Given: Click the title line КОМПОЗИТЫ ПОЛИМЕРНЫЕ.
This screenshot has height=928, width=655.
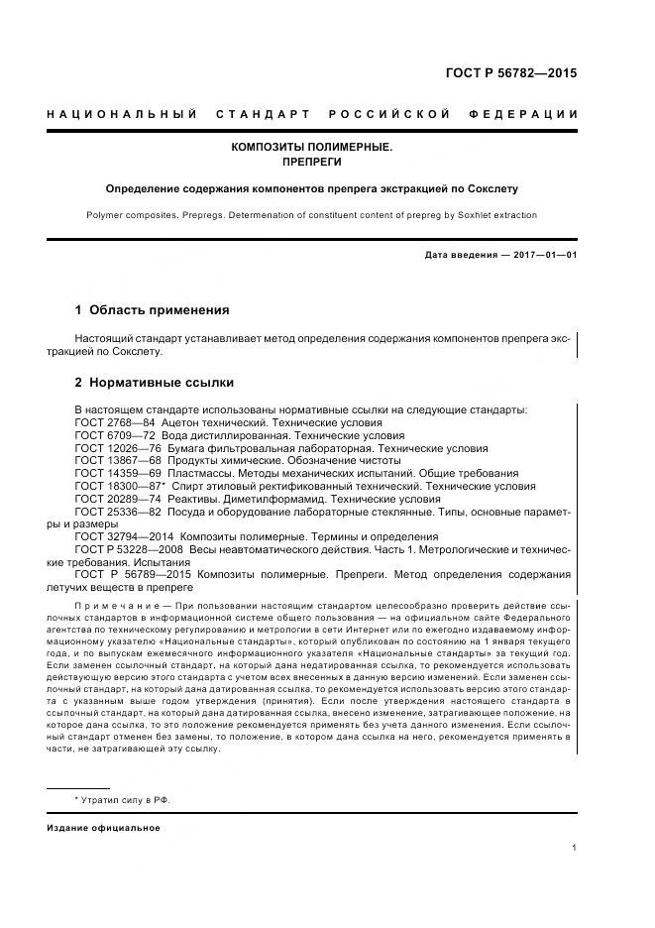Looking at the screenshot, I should pos(312,147).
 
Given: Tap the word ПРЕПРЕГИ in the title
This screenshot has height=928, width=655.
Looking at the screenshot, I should pos(312,162).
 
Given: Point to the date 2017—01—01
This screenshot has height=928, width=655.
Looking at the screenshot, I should pos(544,255).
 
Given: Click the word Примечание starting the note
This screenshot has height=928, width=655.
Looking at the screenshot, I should pos(116,604).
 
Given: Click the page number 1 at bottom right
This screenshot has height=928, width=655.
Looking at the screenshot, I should pos(574,847).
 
